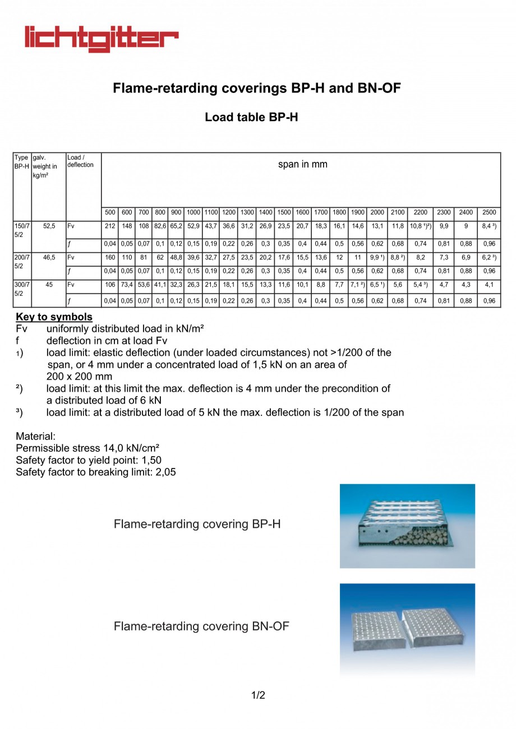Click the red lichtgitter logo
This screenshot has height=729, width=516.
tap(101, 38)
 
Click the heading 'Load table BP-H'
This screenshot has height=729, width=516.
tap(251, 117)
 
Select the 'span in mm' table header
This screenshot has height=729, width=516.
tap(302, 165)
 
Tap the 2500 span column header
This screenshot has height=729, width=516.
tap(489, 212)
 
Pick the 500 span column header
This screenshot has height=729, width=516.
tap(110, 212)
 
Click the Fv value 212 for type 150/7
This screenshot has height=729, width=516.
tap(110, 226)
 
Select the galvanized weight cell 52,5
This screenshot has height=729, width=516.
tap(49, 226)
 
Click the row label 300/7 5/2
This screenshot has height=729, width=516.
tap(22, 289)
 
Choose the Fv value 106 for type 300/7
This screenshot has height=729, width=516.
tap(110, 285)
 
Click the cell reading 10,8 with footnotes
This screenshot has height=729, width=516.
tap(420, 226)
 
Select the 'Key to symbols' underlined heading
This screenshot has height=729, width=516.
tap(54, 317)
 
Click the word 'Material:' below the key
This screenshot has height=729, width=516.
tap(35, 436)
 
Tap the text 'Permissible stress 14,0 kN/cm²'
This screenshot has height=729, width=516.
tap(87, 448)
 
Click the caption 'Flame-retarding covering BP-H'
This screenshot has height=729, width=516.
tap(197, 524)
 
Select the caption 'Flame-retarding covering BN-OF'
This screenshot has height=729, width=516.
tap(201, 626)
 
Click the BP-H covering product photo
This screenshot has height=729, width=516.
tap(407, 526)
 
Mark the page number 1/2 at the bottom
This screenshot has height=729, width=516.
tap(258, 695)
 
